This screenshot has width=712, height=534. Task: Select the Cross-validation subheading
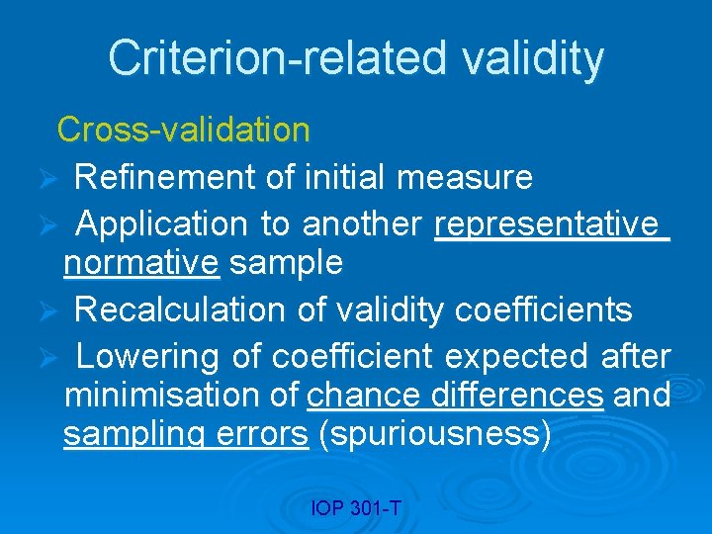[183, 129]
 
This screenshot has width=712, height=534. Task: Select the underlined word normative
[140, 263]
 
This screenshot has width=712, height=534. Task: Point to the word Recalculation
[184, 311]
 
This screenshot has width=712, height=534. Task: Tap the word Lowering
[150, 355]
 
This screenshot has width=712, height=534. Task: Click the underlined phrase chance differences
[455, 396]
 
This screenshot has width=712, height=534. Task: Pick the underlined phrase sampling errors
[185, 435]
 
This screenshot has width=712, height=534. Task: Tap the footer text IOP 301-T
[355, 508]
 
